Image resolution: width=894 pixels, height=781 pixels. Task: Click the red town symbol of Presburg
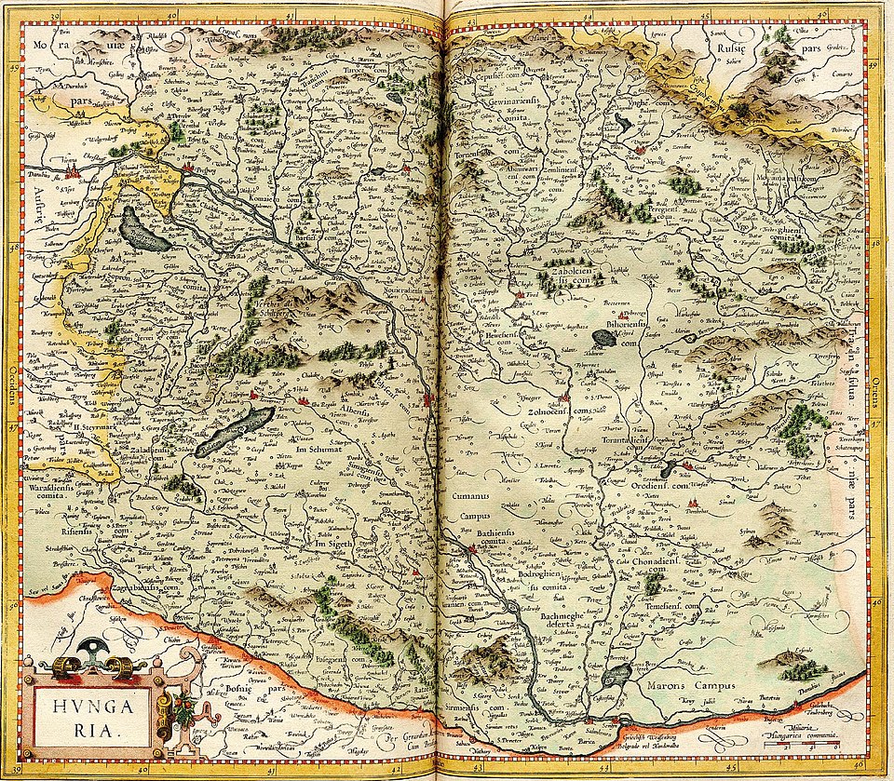tap(185, 172)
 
